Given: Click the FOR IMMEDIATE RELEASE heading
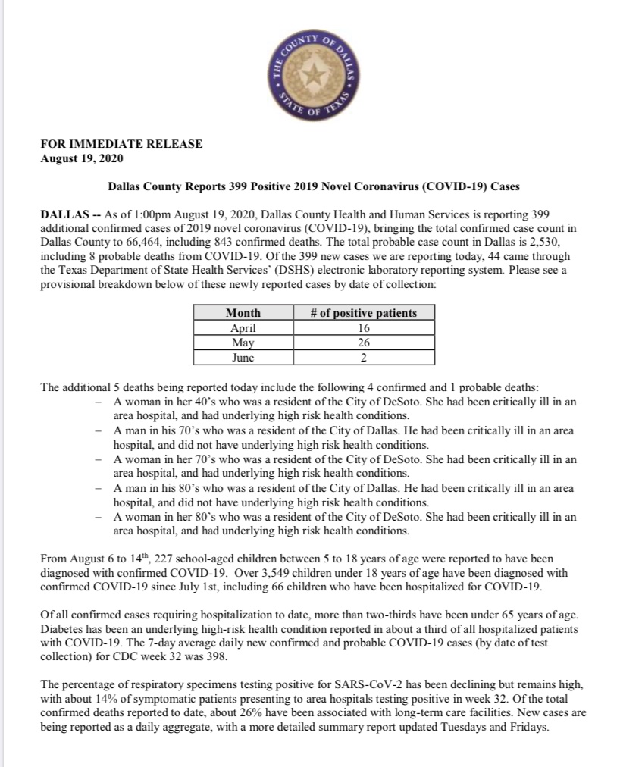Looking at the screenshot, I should click(x=121, y=143).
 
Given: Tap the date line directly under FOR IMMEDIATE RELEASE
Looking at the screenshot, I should click(x=80, y=158).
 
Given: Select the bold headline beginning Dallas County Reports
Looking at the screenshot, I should click(x=312, y=186).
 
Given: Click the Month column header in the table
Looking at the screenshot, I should click(x=243, y=313).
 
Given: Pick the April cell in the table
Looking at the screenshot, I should click(x=243, y=328).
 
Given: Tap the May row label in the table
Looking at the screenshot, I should click(x=243, y=343).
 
